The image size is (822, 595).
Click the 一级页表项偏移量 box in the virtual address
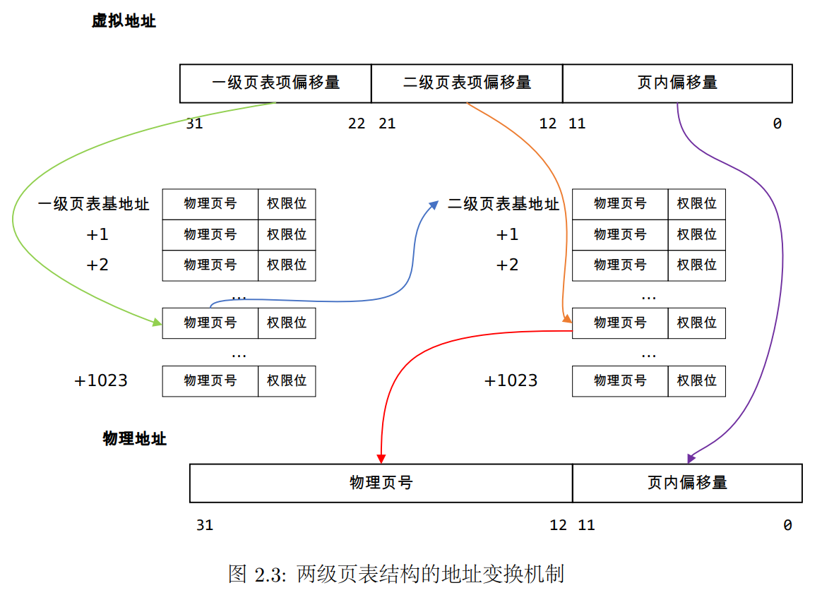(x=275, y=83)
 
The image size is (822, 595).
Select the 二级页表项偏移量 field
(x=467, y=83)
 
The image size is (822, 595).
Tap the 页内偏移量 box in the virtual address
(x=677, y=83)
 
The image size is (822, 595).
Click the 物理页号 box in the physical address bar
(x=381, y=483)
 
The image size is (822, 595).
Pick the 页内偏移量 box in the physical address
(x=687, y=483)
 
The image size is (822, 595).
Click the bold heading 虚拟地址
(x=124, y=21)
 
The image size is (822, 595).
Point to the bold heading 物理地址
(x=134, y=438)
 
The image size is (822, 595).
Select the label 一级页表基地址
(x=94, y=205)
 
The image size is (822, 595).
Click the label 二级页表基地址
(x=503, y=205)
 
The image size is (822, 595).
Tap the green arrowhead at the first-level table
(x=157, y=323)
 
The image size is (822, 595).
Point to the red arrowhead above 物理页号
(x=381, y=457)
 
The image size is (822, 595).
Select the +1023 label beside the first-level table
(x=101, y=380)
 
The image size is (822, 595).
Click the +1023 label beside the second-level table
(x=511, y=380)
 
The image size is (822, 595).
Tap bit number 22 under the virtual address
(x=357, y=124)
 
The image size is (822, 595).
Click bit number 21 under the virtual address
(x=387, y=124)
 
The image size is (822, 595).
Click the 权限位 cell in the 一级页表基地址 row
(x=287, y=204)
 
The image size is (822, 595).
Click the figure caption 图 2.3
(x=395, y=573)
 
